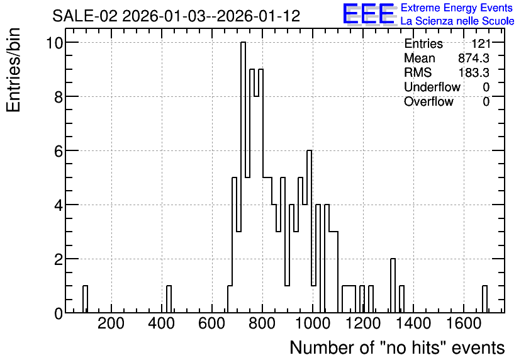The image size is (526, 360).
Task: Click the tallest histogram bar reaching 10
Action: point(243,177)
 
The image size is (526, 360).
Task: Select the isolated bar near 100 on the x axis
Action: point(85,300)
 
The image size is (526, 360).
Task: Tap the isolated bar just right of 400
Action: point(169,300)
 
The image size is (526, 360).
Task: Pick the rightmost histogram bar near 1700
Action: point(484,300)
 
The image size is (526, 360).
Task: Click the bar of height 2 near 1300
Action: point(393,286)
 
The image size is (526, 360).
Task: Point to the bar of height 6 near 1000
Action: point(310,232)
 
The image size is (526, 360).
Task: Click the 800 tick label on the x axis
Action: point(262,323)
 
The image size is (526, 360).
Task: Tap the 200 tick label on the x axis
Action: point(111,323)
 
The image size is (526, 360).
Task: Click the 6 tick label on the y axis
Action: point(59,151)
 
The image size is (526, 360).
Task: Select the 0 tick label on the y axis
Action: point(59,313)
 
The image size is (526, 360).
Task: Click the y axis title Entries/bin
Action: point(13,70)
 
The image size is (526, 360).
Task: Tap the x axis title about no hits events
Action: point(397,347)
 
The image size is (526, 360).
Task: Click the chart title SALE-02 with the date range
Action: point(176,16)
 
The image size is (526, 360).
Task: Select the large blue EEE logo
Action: point(369,14)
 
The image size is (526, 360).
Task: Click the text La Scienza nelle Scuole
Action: point(457,21)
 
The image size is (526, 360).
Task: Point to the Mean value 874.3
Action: point(474,58)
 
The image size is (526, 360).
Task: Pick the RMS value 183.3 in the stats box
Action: point(474,72)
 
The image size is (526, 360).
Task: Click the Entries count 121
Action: point(481,43)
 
